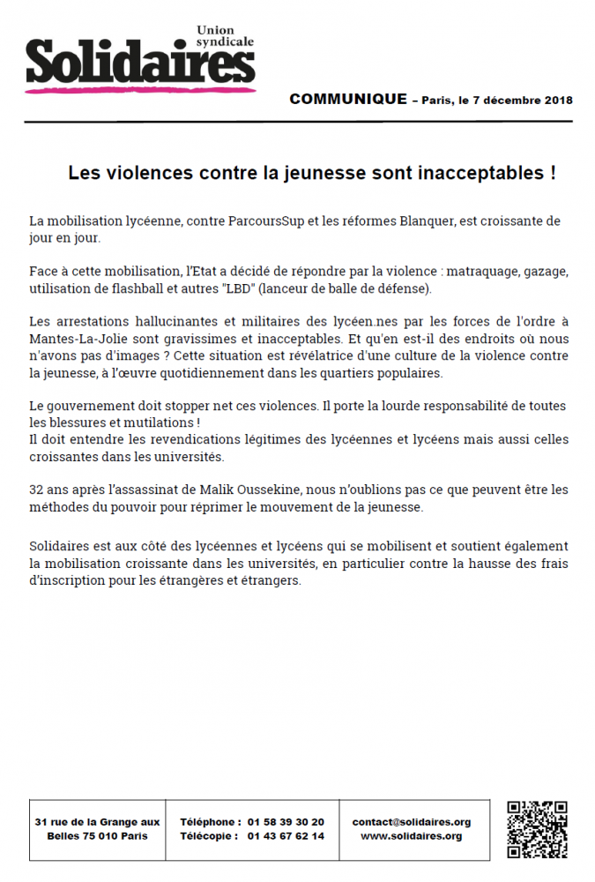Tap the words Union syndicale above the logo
click(223, 35)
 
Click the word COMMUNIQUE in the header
click(348, 99)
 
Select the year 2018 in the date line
click(557, 100)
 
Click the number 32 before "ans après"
click(36, 490)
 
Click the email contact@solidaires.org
click(412, 821)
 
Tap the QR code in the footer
click(537, 829)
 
